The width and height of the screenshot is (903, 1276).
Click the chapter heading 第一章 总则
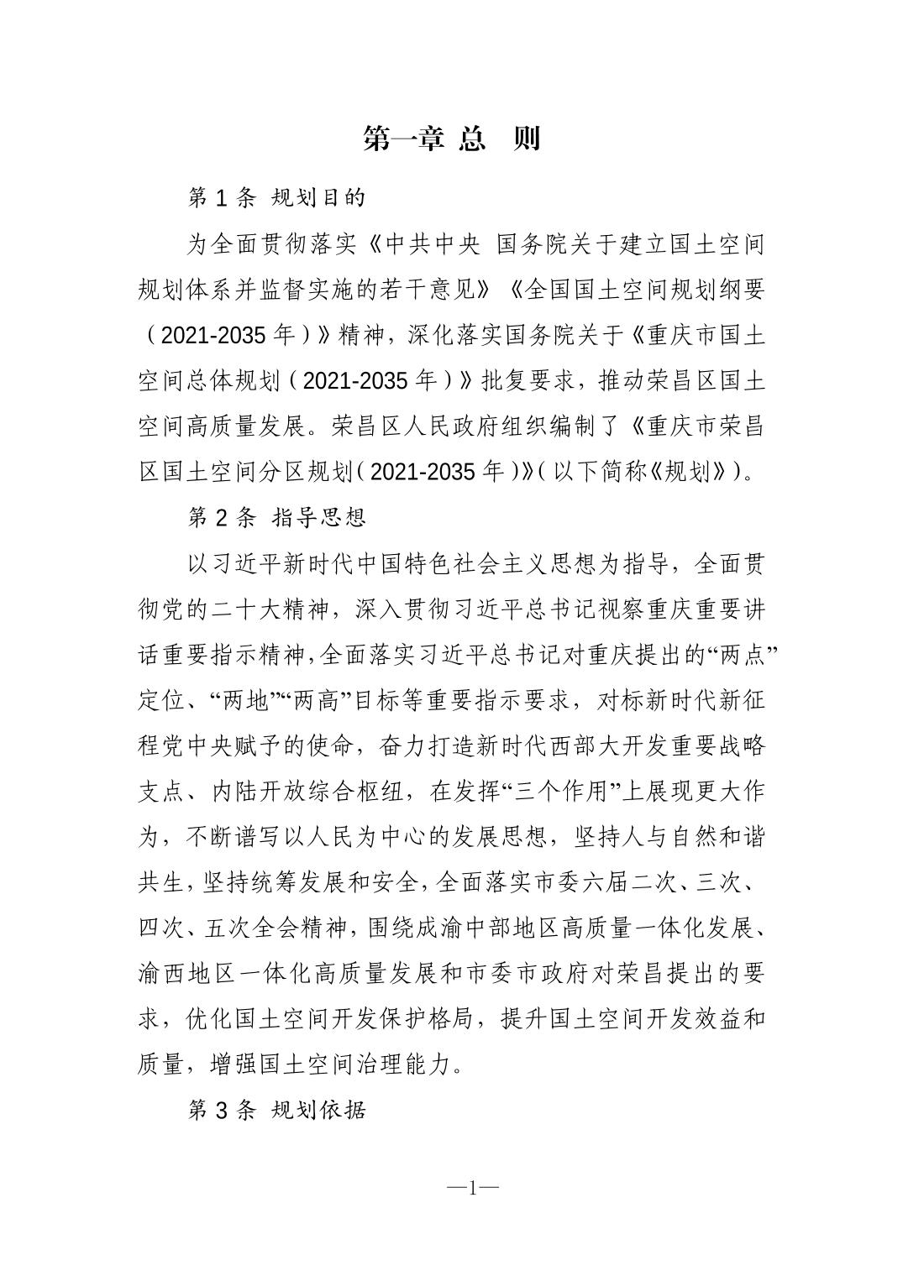click(x=451, y=139)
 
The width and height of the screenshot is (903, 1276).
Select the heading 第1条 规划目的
click(x=276, y=198)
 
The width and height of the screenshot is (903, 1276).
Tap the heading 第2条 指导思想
click(x=276, y=516)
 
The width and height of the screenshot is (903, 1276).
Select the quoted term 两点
click(x=738, y=654)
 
